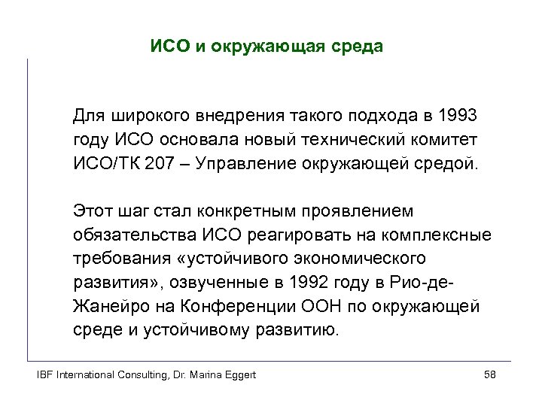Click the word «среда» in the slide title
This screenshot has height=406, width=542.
(358, 47)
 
